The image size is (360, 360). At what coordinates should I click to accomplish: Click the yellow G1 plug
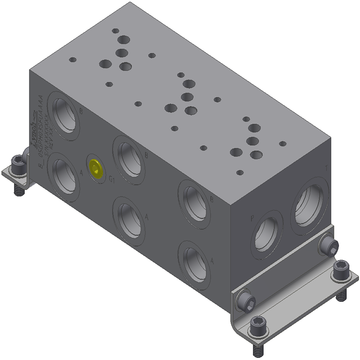pyautogui.click(x=95, y=168)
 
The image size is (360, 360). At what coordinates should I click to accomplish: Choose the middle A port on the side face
pyautogui.click(x=129, y=221)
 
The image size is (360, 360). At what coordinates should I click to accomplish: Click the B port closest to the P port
pyautogui.click(x=194, y=204)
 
